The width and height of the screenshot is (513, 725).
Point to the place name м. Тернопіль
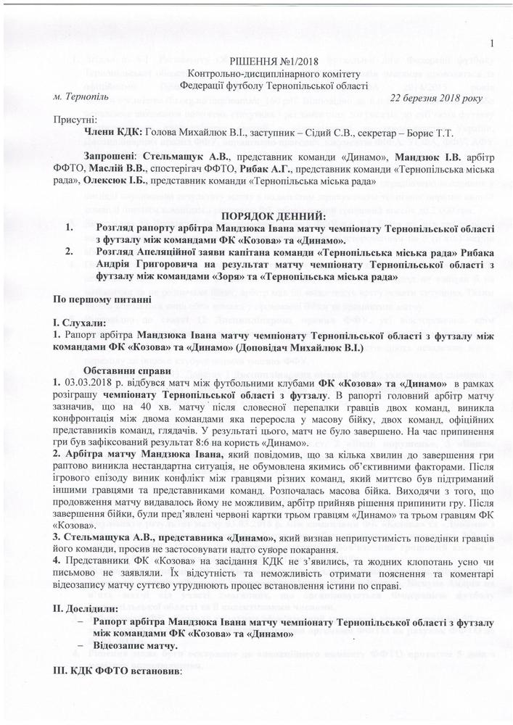[82, 96]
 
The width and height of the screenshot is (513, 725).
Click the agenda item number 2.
[70, 252]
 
